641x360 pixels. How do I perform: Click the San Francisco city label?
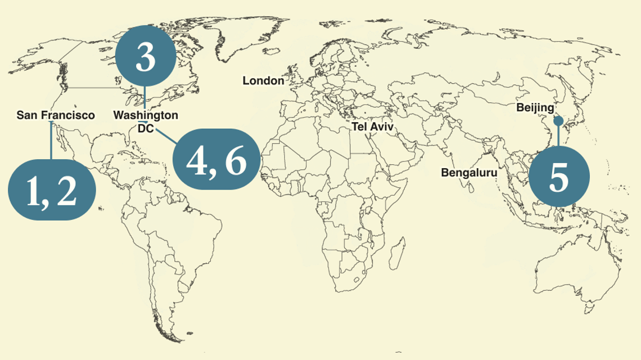[56, 115]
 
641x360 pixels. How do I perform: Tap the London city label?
[263, 81]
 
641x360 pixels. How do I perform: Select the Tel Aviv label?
[373, 127]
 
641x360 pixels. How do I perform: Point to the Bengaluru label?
[469, 173]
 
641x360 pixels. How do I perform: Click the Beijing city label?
[535, 107]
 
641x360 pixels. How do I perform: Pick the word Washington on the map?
[146, 115]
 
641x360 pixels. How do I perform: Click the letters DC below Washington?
[145, 129]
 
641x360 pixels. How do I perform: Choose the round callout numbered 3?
[146, 58]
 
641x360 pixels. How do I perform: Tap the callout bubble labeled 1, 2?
[51, 190]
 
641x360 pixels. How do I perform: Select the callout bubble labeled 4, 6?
[216, 160]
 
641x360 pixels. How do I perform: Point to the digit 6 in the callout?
[236, 161]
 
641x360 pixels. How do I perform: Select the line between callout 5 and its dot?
[558, 136]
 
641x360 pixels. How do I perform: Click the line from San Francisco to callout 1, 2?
[51, 141]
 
